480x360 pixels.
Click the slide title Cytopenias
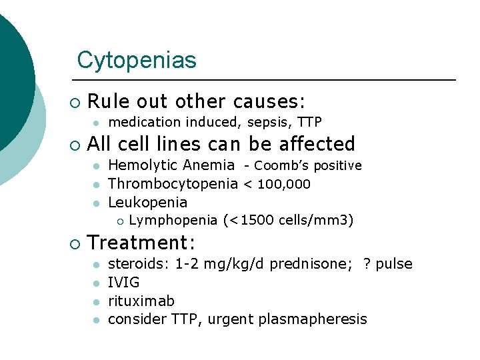(137, 60)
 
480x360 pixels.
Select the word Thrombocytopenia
(173, 183)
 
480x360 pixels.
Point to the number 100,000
(285, 184)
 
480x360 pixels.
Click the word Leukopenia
(147, 202)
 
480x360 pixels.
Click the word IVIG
(123, 283)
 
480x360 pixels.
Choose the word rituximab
(136, 301)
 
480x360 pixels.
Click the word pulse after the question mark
(394, 264)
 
